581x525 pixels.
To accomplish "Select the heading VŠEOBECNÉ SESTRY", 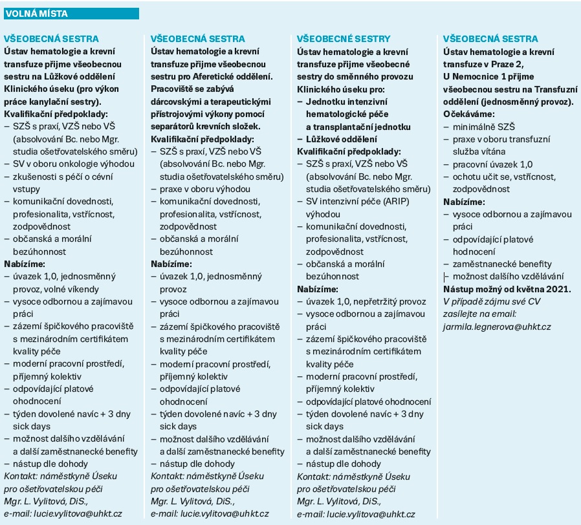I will point(343,39).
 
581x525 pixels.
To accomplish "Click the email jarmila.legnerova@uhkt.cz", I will point(497,327).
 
